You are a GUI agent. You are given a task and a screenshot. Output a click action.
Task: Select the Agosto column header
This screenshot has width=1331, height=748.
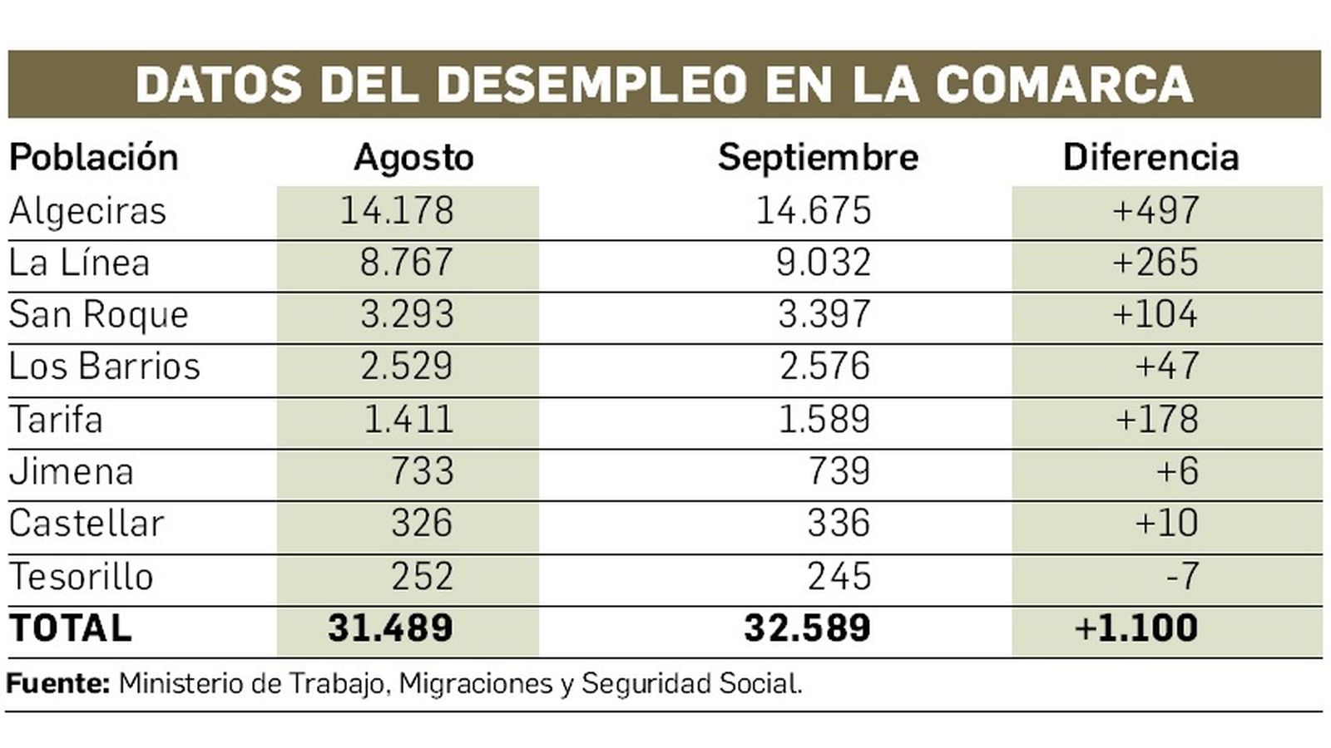(413, 157)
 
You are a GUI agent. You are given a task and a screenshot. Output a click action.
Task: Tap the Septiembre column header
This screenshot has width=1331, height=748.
(818, 157)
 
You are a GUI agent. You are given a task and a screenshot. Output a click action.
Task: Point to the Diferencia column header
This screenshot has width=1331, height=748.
(1150, 157)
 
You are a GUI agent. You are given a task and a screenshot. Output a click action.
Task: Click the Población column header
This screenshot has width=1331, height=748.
(93, 157)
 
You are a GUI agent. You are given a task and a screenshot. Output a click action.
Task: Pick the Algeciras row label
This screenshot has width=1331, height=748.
(87, 211)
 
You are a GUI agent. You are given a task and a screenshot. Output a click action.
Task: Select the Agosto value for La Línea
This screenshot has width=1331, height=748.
(407, 263)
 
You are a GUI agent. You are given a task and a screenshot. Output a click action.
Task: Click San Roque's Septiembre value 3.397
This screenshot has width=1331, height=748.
(824, 314)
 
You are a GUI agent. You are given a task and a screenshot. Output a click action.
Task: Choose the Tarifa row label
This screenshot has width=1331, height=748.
(56, 419)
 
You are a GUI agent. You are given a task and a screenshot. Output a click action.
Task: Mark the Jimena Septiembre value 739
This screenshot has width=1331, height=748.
(839, 471)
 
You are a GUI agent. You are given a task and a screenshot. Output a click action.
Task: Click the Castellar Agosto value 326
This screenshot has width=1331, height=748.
(422, 524)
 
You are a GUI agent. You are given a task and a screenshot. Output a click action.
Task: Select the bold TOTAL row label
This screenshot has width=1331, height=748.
(71, 628)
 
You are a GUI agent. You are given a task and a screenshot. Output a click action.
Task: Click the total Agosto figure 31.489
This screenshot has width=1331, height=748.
(390, 628)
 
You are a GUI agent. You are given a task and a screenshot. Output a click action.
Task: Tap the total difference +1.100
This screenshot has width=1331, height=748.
(1136, 628)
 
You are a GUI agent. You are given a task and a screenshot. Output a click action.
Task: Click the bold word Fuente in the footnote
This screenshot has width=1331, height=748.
(57, 684)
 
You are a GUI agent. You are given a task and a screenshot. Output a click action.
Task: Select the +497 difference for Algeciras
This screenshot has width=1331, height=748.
(1155, 210)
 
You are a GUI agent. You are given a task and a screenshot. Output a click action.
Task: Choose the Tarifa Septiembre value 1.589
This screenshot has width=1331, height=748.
(824, 419)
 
